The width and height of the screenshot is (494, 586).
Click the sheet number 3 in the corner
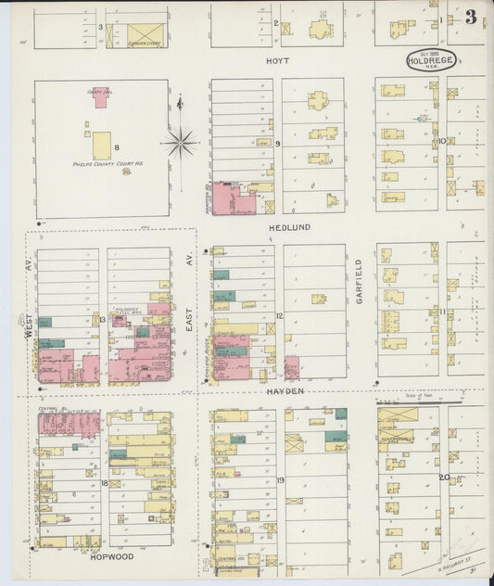tap(472, 17)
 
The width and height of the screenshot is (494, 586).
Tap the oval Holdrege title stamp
tap(431, 60)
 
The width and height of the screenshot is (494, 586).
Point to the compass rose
tap(180, 143)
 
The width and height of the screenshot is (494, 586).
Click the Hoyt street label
tap(277, 60)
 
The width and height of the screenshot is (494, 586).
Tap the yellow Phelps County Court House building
tap(101, 146)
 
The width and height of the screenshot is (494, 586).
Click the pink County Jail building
tap(100, 97)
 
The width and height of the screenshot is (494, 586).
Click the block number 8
tap(117, 147)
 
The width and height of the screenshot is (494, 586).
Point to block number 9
tap(277, 144)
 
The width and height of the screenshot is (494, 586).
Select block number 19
tap(279, 480)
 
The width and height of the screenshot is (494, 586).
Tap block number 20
tap(443, 478)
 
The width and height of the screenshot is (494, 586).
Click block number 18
tap(104, 483)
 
